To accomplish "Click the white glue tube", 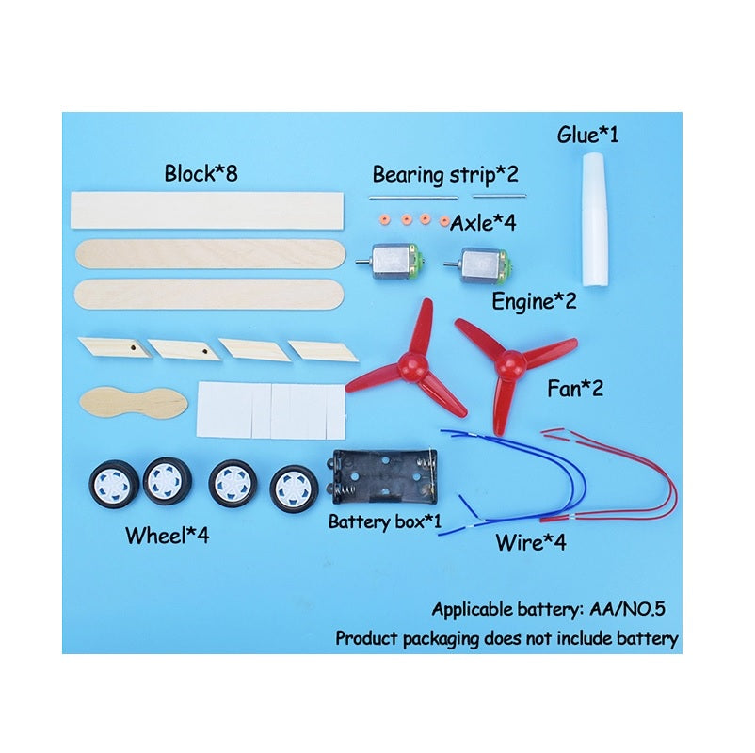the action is point(596,219).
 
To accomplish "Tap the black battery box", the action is point(384,476).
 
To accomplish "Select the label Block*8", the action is point(201,173).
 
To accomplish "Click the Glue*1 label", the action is point(587,135).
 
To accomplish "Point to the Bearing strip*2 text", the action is point(445,175).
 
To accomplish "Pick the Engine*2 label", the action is point(534,302).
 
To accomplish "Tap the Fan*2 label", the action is point(575,388).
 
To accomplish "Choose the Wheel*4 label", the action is point(167,536).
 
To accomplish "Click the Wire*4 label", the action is point(531,542).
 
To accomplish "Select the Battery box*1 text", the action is point(384,521).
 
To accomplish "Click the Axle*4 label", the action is point(483,223).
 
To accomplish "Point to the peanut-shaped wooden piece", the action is point(134,403).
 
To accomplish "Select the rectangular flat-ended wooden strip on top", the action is point(207,211).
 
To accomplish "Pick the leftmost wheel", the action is point(114,484).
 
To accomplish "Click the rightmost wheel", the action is point(294,489).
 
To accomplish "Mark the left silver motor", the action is point(391,262).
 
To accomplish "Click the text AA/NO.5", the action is point(627,610).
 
